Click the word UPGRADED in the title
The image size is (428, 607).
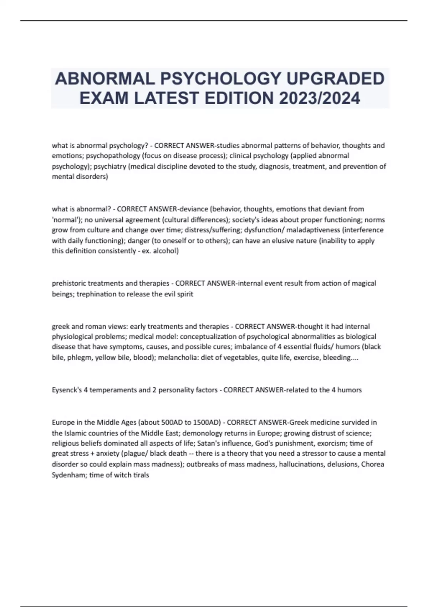pos(336,79)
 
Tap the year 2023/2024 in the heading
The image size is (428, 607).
pos(320,98)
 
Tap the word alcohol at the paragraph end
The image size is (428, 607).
pos(166,251)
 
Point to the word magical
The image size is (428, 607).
pos(364,284)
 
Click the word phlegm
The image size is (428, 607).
pos(80,358)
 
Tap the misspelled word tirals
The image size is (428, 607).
pos(141,475)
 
